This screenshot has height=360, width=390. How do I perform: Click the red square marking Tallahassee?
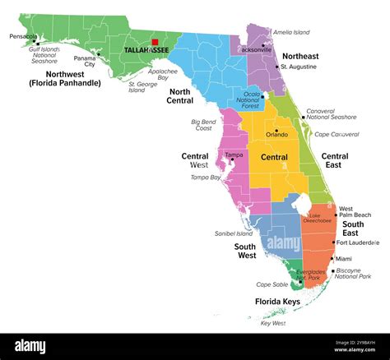click(155, 41)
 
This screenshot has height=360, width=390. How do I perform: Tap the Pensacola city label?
click(22, 36)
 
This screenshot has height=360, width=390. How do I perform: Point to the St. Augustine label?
click(299, 66)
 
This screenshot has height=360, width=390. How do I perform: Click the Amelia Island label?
click(292, 32)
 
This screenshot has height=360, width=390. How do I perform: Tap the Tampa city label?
click(234, 155)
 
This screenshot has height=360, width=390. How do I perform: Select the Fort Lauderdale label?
click(358, 242)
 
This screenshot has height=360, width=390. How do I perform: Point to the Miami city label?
click(343, 259)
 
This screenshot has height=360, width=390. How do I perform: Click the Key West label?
click(272, 323)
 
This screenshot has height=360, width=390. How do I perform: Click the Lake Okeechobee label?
click(320, 219)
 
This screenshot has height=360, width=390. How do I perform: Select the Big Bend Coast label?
click(203, 126)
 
